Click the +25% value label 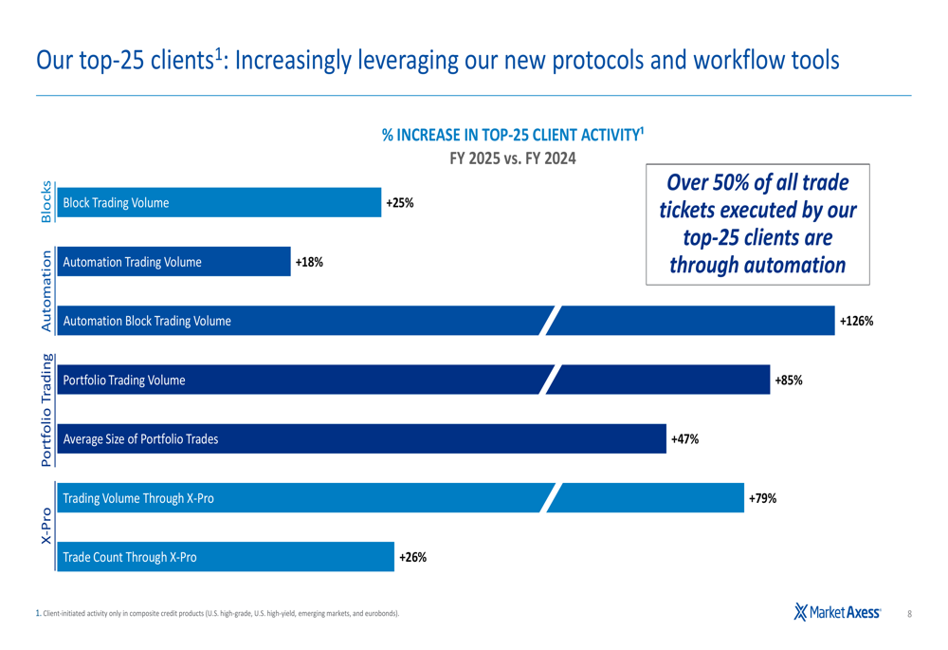pyautogui.click(x=399, y=203)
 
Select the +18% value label pyautogui.click(x=309, y=262)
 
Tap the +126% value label pyautogui.click(x=856, y=322)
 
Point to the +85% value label pyautogui.click(x=789, y=381)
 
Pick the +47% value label pyautogui.click(x=684, y=439)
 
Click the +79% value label pyautogui.click(x=762, y=498)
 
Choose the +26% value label pyautogui.click(x=412, y=558)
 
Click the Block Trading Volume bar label pyautogui.click(x=116, y=203)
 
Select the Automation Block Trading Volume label pyautogui.click(x=147, y=322)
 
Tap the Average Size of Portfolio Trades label pyautogui.click(x=140, y=439)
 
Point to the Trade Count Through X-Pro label pyautogui.click(x=130, y=558)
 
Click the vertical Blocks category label pyautogui.click(x=46, y=202)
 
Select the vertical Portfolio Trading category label pyautogui.click(x=46, y=410)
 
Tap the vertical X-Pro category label pyautogui.click(x=46, y=526)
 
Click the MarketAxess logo pyautogui.click(x=837, y=613)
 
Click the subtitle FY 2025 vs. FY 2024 pyautogui.click(x=512, y=158)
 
